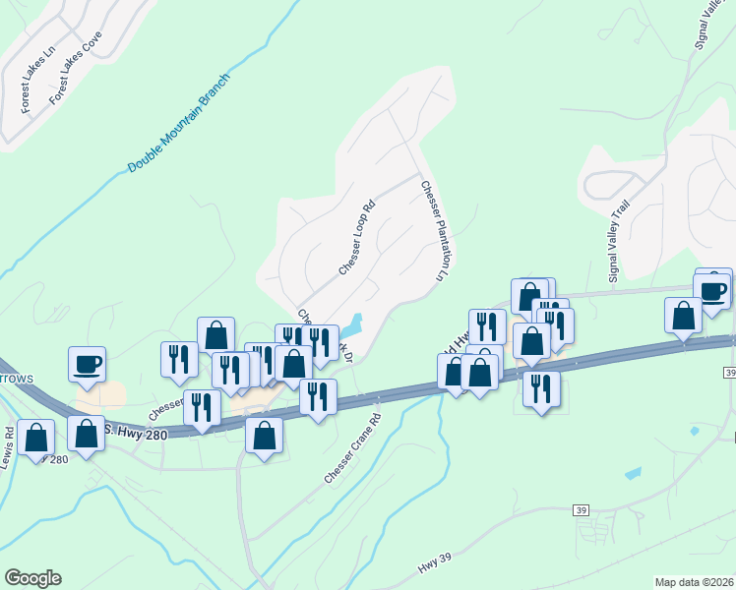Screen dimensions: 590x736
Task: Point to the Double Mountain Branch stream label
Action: pos(178,123)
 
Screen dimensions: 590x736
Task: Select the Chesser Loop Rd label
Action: pos(356,239)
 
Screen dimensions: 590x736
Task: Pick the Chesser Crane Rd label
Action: pos(352,448)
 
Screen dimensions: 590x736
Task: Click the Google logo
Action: pos(32,578)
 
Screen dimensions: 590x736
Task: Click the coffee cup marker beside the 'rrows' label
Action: pos(87,363)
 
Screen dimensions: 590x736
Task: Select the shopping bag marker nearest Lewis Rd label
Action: pos(35,440)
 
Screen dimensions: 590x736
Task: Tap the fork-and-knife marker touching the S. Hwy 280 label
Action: pos(202,408)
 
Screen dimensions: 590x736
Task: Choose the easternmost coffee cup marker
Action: pos(712,288)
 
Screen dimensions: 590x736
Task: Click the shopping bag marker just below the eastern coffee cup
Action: pos(683,316)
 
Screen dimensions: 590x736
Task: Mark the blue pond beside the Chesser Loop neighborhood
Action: pos(351,324)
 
